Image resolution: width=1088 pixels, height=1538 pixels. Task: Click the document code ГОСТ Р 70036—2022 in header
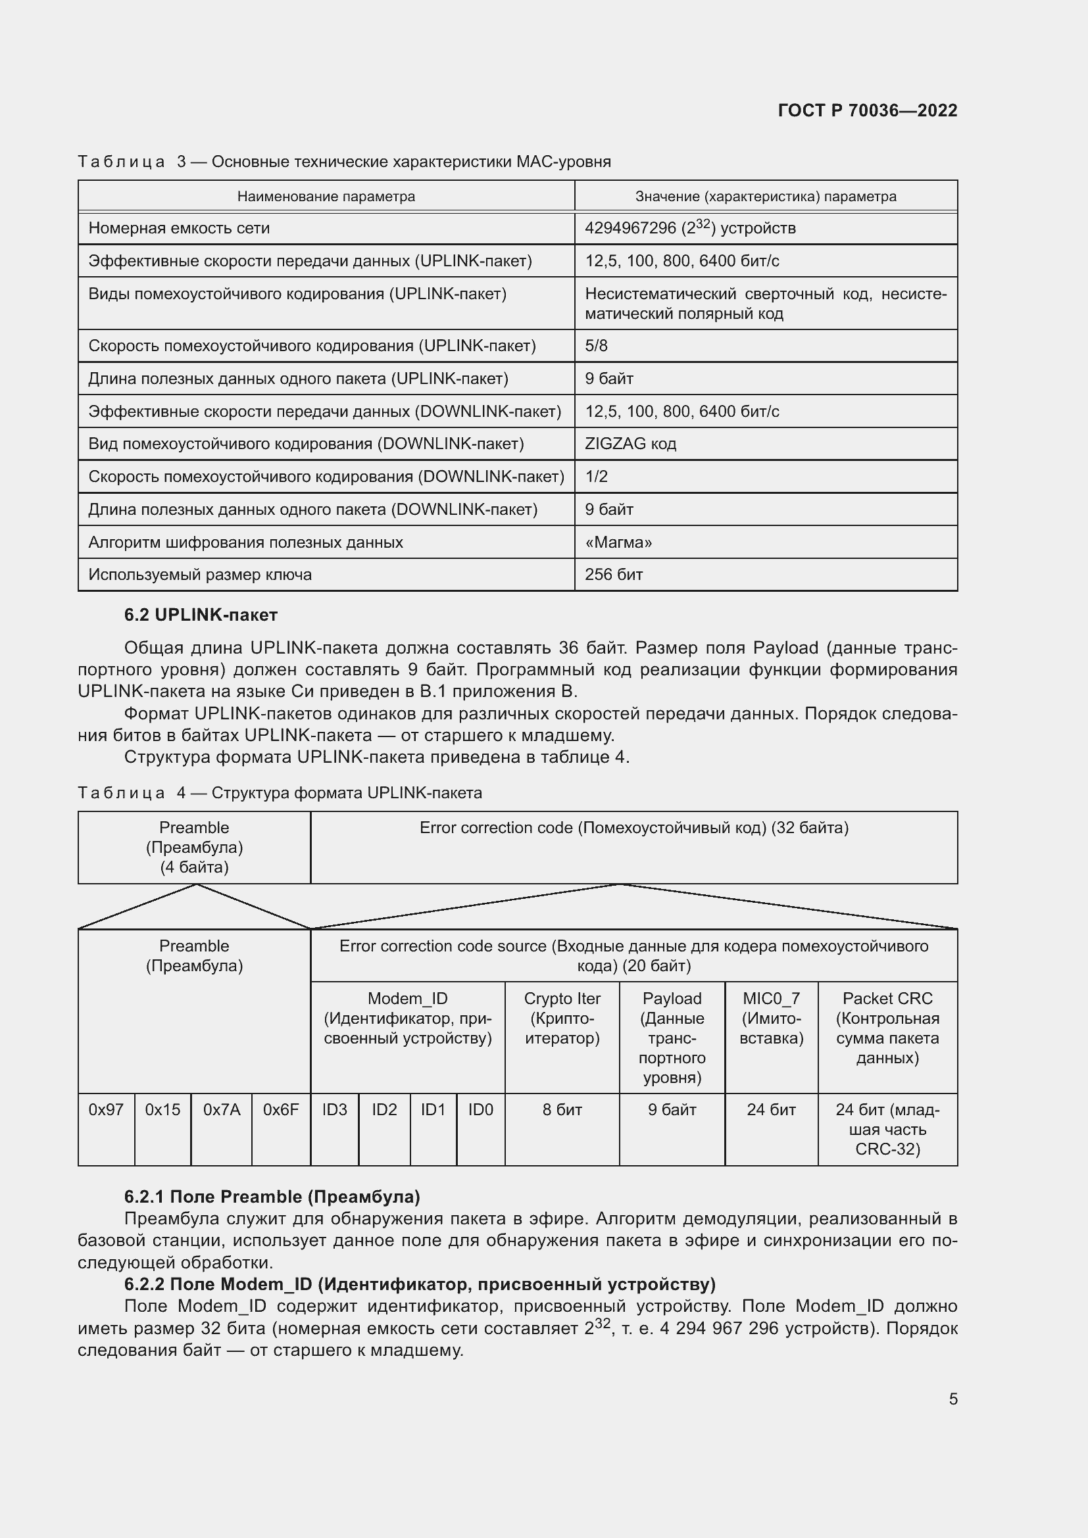(x=867, y=110)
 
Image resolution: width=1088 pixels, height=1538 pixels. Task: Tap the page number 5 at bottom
(x=952, y=1399)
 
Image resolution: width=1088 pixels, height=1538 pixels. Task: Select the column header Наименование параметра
(x=326, y=196)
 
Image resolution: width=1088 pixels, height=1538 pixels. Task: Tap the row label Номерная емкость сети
(x=179, y=228)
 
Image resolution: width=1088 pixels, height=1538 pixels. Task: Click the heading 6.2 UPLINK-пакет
(x=201, y=614)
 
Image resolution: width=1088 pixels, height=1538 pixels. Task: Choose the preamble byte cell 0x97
(x=106, y=1109)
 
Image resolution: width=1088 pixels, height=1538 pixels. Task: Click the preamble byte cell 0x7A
(x=221, y=1109)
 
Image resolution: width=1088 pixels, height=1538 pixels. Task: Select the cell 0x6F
(x=281, y=1109)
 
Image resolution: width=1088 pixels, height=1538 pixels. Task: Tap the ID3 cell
(x=334, y=1109)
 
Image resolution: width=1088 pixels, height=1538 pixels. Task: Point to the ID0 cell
(x=480, y=1109)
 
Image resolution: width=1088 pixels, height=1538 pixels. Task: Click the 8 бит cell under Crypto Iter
(x=561, y=1109)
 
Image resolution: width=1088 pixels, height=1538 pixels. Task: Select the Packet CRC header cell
(x=887, y=1028)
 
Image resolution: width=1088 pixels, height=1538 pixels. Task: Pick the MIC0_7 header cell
(x=771, y=1018)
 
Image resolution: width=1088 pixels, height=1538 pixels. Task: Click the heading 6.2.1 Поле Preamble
(x=271, y=1196)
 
